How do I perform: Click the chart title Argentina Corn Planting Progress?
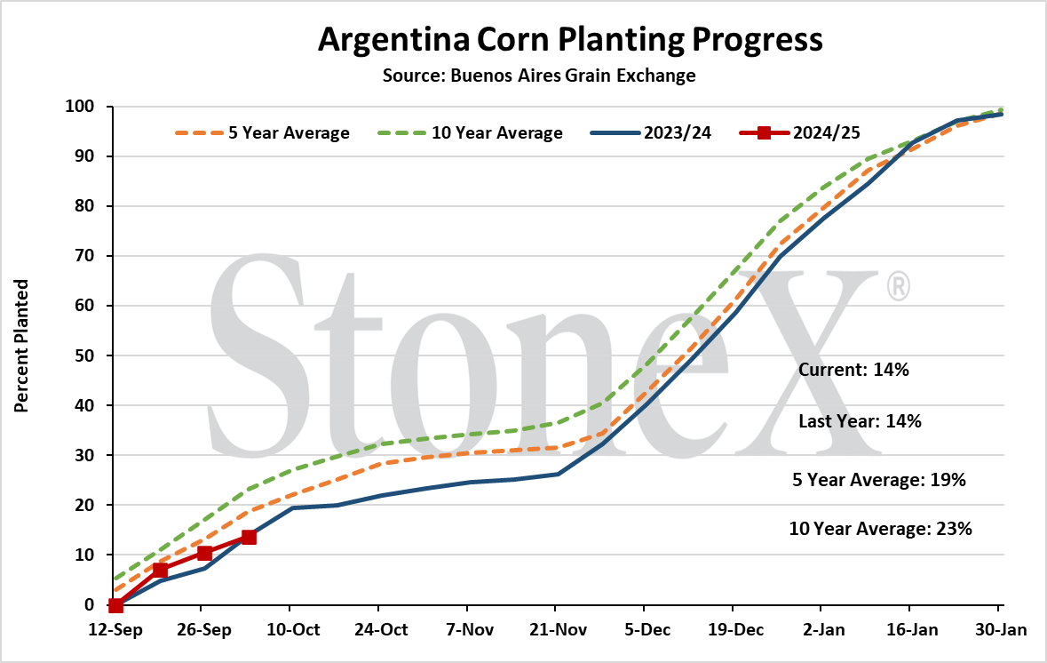tap(570, 39)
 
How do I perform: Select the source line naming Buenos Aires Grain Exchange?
tap(539, 76)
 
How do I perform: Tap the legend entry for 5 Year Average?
tap(263, 133)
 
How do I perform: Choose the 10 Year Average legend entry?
tap(470, 133)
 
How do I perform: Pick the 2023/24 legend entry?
tap(651, 133)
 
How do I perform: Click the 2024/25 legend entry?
tap(800, 133)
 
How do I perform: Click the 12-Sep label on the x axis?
tap(115, 629)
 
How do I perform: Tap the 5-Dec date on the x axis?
tap(647, 629)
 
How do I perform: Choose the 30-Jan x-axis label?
tap(1000, 629)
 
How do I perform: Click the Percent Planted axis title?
tap(21, 346)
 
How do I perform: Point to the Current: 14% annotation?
tap(853, 370)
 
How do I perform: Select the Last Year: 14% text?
tap(860, 421)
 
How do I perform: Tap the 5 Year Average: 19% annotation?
tap(879, 480)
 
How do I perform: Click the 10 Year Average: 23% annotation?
tap(880, 529)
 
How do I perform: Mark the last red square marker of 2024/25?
tap(249, 537)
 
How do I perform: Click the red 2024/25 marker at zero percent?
tap(115, 605)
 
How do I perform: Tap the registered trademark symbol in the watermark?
tap(898, 285)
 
